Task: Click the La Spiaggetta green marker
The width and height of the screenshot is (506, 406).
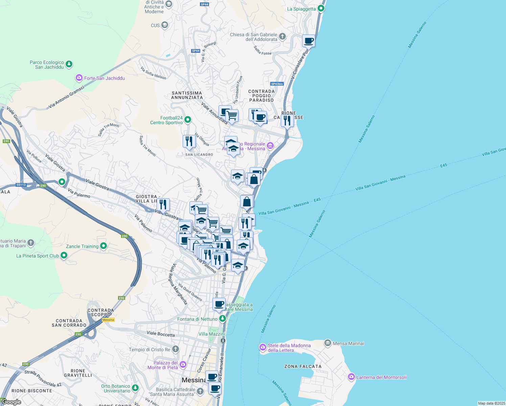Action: click(x=321, y=8)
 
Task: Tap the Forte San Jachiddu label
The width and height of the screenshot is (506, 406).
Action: click(x=105, y=78)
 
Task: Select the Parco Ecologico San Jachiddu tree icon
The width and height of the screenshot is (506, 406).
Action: click(x=69, y=64)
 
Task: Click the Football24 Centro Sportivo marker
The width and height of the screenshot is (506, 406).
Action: click(x=188, y=119)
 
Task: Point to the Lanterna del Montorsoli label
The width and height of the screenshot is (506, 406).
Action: click(x=382, y=377)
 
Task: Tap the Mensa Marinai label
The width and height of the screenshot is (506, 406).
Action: click(x=348, y=343)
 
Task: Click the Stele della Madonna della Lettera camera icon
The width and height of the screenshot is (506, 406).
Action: click(x=263, y=347)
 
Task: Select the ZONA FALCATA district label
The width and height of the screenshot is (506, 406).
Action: click(x=303, y=366)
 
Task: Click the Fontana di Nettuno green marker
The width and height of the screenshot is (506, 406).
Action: click(x=222, y=318)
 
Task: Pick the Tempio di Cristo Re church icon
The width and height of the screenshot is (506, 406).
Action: click(x=175, y=349)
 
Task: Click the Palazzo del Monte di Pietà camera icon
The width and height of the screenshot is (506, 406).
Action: click(x=183, y=364)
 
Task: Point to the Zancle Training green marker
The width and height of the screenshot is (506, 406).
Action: click(x=103, y=246)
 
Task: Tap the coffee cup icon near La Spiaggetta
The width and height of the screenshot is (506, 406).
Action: click(x=308, y=41)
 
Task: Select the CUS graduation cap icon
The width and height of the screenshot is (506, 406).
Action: click(x=165, y=25)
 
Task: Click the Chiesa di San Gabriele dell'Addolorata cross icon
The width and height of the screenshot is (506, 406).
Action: click(x=282, y=36)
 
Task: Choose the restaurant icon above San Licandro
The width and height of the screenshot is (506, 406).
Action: click(x=189, y=141)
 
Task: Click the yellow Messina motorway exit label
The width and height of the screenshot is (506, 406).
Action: click(x=108, y=320)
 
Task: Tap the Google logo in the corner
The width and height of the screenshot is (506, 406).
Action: click(x=11, y=402)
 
